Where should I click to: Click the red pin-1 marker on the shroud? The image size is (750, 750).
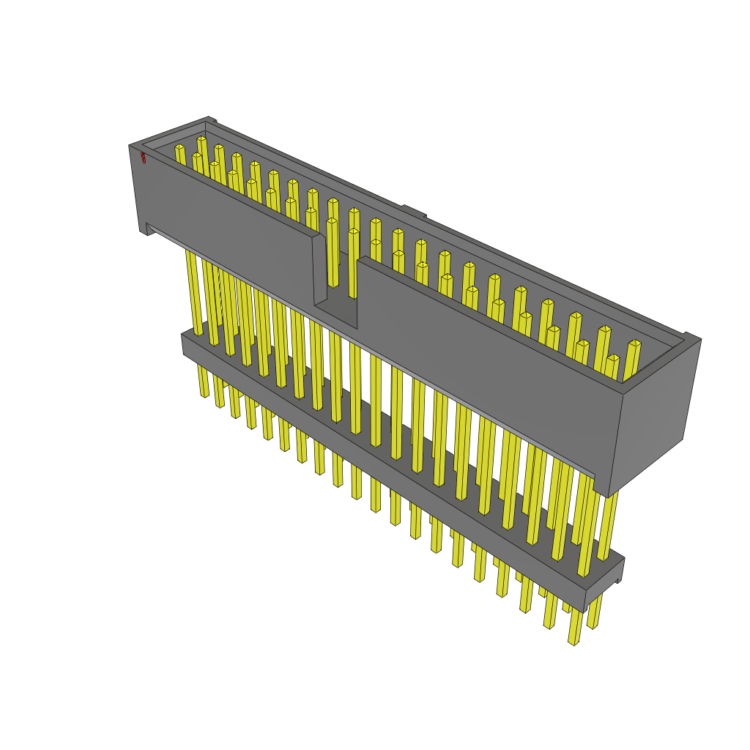pos(144,157)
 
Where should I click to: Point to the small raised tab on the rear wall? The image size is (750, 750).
pos(414,212)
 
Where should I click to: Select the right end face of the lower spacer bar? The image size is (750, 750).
pos(604,583)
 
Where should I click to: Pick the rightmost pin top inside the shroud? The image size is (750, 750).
pos(634,344)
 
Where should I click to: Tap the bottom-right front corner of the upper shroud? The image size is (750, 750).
pos(602,492)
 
